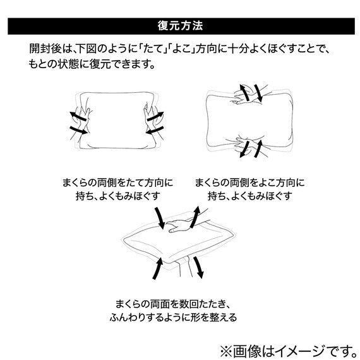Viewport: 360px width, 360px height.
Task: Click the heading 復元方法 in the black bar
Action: tap(180, 26)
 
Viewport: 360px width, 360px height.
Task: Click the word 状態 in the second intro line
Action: tap(69, 64)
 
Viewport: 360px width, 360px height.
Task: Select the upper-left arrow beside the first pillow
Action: tap(78, 117)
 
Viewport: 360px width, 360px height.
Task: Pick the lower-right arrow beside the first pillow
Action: tap(155, 130)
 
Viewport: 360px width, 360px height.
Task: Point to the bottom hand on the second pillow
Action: tap(250, 145)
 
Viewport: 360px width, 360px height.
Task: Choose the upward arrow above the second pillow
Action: tap(244, 92)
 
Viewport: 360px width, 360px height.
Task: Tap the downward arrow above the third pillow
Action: tap(160, 218)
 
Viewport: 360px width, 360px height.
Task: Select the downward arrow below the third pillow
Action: tap(198, 267)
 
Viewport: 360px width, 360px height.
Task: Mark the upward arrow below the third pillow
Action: tap(158, 268)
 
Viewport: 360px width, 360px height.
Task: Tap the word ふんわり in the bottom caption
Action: tap(128, 318)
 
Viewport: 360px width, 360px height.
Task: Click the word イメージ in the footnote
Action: tap(303, 351)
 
